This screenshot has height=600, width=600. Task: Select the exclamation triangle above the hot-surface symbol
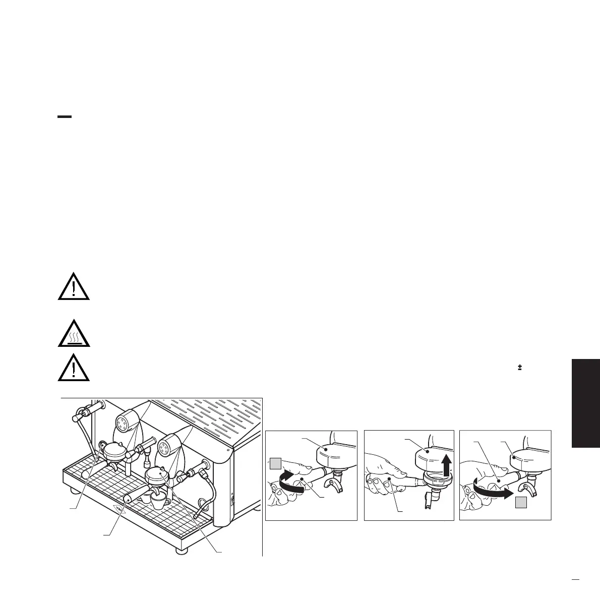(74, 287)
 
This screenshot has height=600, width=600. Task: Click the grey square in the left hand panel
(274, 462)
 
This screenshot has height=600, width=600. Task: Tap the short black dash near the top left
(65, 117)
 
